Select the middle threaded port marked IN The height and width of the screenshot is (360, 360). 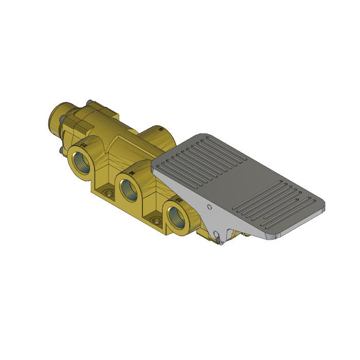tap(129, 188)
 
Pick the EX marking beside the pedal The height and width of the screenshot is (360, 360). tap(178, 198)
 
